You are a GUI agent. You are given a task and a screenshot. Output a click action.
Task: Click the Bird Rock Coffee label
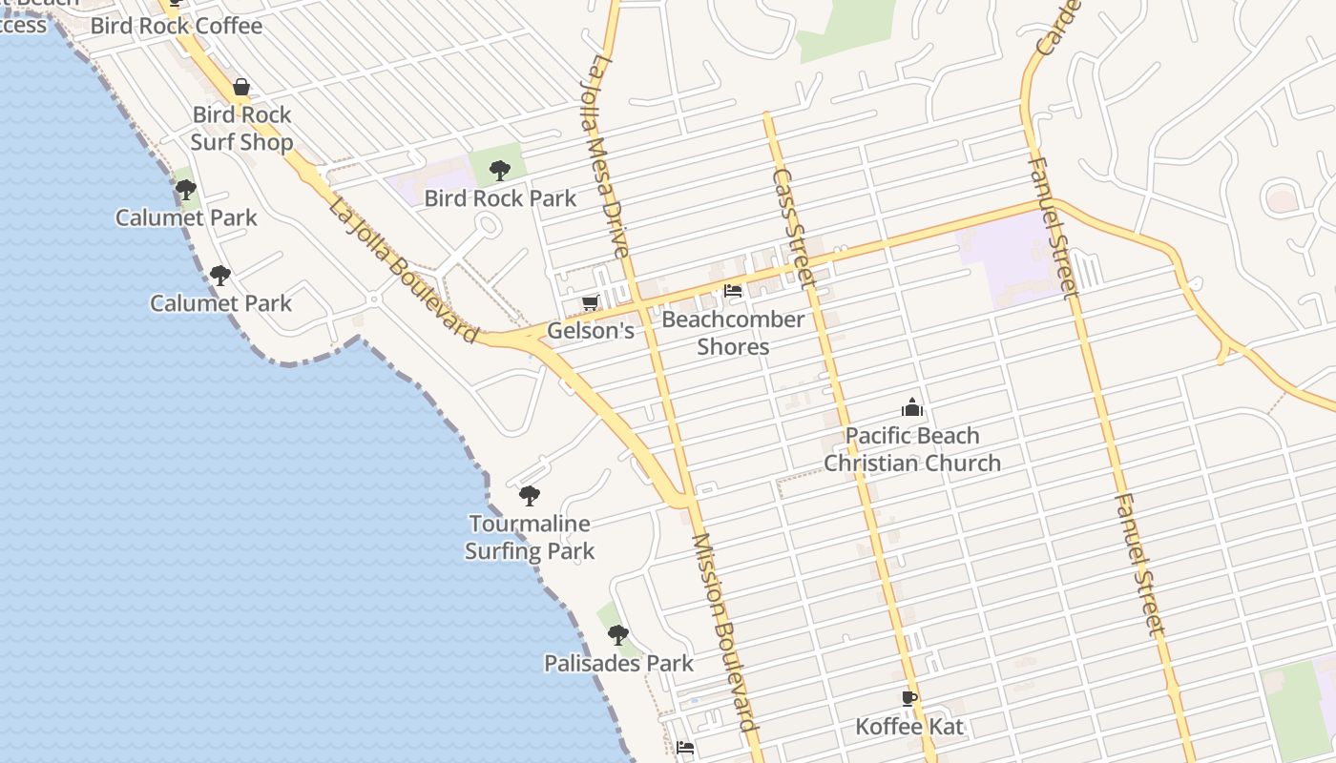coord(176,26)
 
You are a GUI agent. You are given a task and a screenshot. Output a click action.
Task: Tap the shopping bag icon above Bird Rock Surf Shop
coord(241,88)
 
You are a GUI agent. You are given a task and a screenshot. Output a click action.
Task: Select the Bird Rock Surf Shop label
coord(241,129)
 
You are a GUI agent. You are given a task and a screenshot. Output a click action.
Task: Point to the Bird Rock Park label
coord(500,198)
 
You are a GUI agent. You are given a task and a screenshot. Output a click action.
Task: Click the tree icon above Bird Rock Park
coord(498,171)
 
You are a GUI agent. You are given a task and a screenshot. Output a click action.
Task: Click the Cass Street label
coord(793,228)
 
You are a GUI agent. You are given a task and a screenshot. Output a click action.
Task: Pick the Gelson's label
coord(591,331)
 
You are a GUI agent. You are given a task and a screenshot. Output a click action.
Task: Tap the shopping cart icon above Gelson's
coord(590,303)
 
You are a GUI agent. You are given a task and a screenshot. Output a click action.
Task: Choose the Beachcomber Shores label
coord(733,333)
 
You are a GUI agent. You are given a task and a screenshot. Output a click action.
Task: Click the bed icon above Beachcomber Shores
coord(733,291)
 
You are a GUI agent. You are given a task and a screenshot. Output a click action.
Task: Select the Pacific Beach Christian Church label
coord(912,449)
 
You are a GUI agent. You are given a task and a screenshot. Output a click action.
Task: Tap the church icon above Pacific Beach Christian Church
coord(912,407)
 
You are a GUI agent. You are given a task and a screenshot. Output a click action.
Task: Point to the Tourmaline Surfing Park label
coord(530,537)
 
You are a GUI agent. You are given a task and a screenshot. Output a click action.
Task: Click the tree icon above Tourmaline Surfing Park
coord(529,496)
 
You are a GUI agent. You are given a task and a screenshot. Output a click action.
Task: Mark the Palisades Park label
coord(618,663)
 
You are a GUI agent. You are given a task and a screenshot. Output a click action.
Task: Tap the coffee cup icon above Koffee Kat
coord(909,698)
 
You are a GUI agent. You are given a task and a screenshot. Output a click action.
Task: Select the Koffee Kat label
coord(909,727)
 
